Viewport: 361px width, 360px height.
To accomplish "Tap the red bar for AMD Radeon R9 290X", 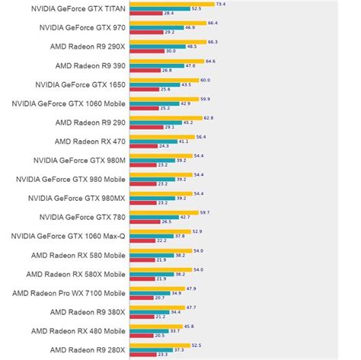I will coord(146,51).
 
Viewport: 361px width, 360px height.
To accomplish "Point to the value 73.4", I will coord(221,4).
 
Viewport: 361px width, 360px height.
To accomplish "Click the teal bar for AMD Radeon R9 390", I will coord(156,65).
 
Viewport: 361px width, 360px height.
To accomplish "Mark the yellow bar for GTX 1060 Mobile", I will coord(164,98).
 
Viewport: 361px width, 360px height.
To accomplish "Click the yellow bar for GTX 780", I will coord(164,212).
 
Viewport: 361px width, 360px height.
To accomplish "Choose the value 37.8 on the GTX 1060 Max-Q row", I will coord(180,235).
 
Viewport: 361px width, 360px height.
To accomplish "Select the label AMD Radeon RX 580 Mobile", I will coord(78,255).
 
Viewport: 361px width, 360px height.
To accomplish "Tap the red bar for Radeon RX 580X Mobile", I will coord(142,278).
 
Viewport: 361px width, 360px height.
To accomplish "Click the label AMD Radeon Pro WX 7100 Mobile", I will coord(69,293).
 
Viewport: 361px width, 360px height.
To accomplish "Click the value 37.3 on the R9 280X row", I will coord(179,349).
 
